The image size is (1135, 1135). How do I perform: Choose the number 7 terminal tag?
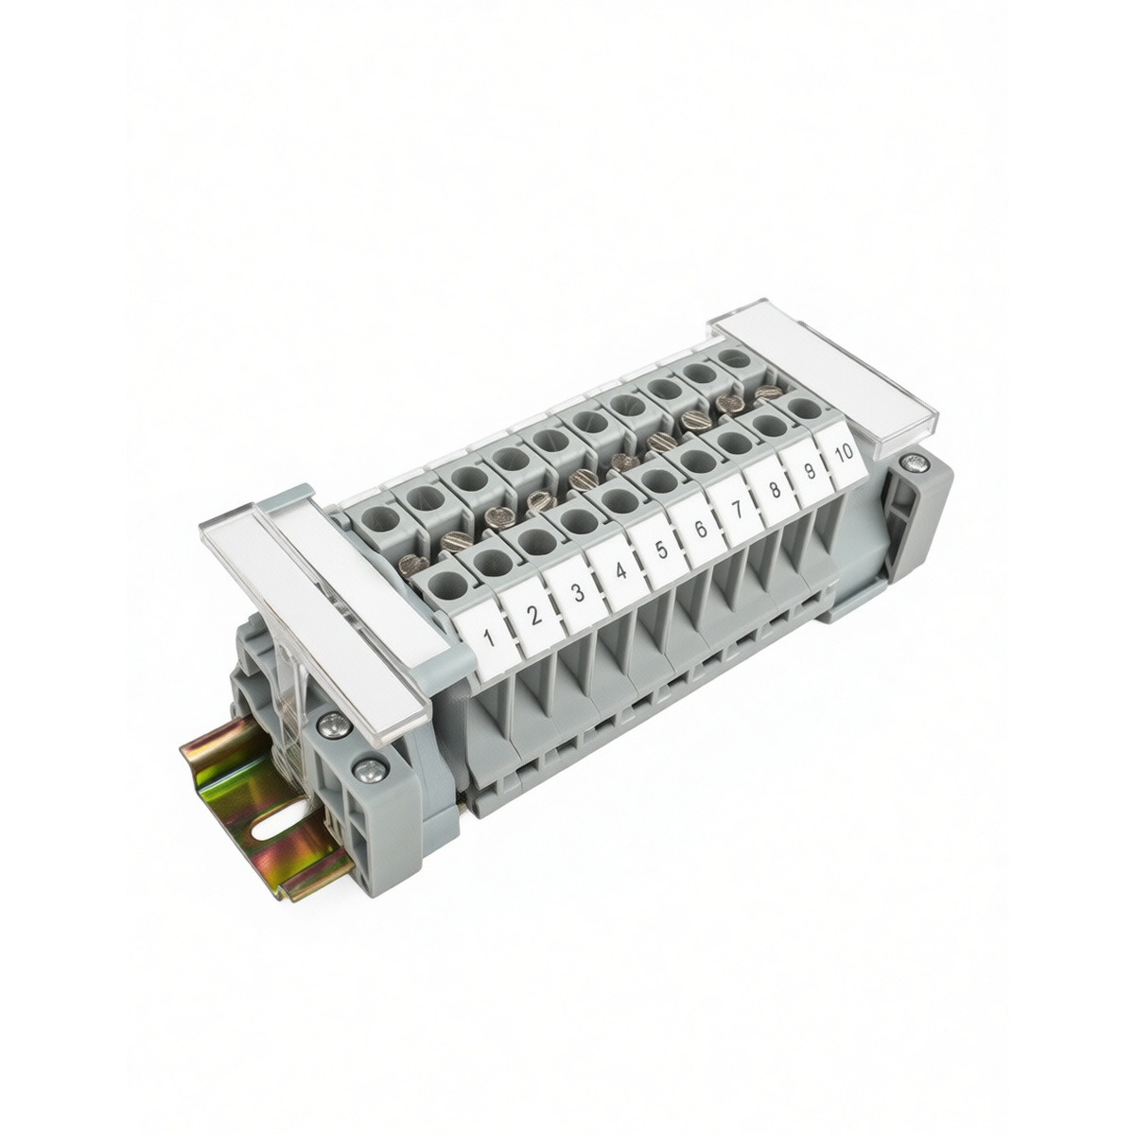tap(736, 508)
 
